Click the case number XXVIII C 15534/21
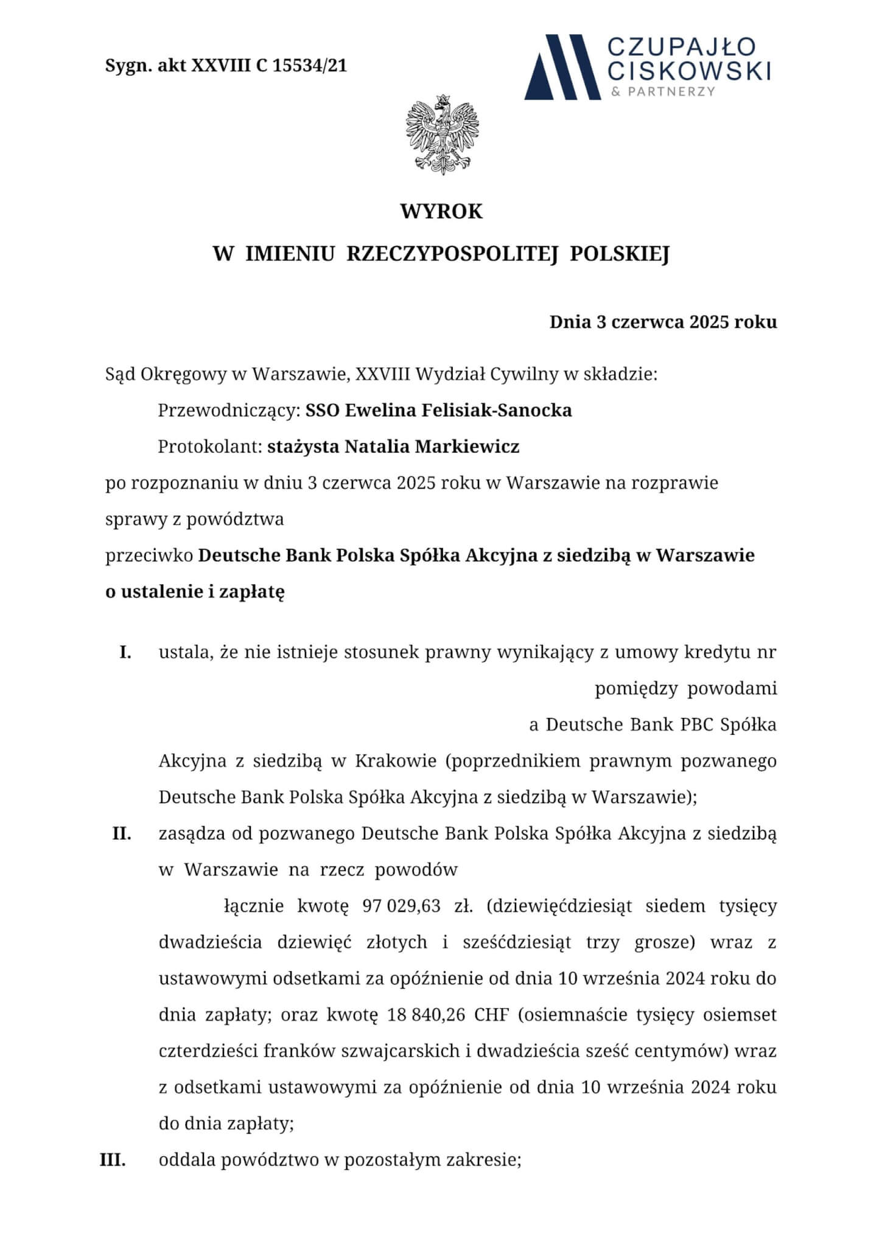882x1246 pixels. pyautogui.click(x=269, y=66)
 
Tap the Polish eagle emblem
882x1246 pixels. pyautogui.click(x=442, y=135)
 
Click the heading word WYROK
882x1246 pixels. pyautogui.click(x=441, y=212)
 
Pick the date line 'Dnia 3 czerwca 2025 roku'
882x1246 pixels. pyautogui.click(x=663, y=322)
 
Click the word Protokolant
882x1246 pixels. pyautogui.click(x=210, y=447)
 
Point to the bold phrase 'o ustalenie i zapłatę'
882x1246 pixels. pyautogui.click(x=195, y=592)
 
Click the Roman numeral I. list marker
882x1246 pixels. pyautogui.click(x=125, y=653)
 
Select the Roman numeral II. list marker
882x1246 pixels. pyautogui.click(x=122, y=834)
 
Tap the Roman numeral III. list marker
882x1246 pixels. pyautogui.click(x=113, y=1160)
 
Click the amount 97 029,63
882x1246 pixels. pyautogui.click(x=401, y=906)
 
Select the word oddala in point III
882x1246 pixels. pyautogui.click(x=187, y=1160)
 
